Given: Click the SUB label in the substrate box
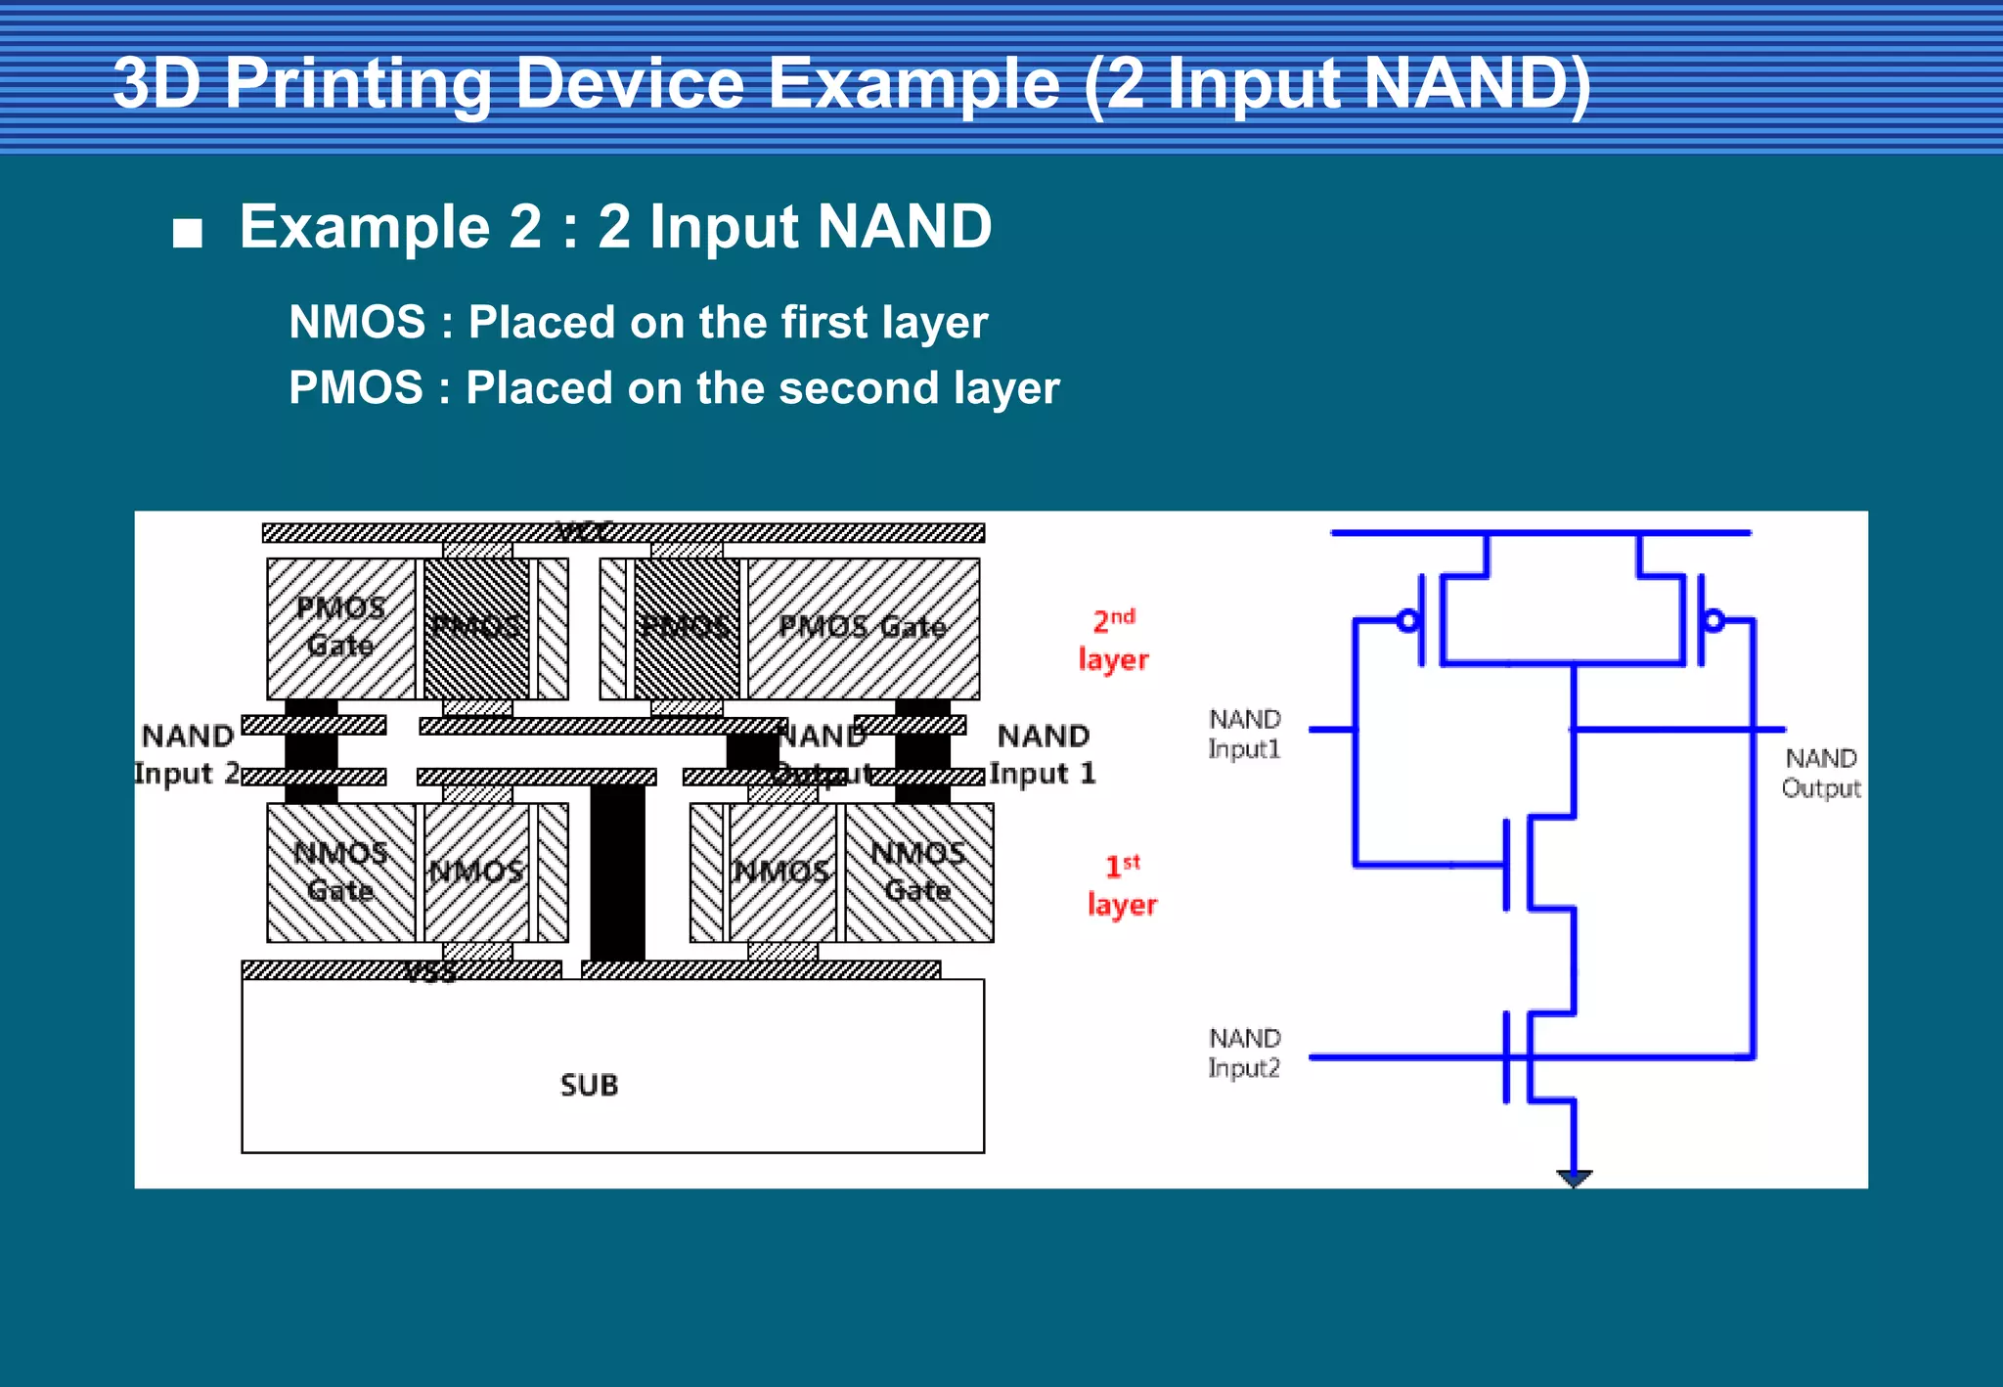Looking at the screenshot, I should click(589, 1085).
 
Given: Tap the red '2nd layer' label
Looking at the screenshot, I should click(1114, 640).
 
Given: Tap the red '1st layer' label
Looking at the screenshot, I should click(1123, 885).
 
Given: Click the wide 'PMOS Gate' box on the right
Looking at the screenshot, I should click(863, 628).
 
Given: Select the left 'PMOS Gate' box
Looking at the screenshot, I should click(340, 628).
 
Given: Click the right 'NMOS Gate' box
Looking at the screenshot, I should click(918, 872).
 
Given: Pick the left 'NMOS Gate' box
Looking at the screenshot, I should click(340, 872).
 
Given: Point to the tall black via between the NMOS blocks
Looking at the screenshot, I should click(617, 871).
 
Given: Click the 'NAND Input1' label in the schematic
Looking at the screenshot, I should click(1244, 734).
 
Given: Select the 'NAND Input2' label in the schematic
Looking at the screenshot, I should click(1244, 1052).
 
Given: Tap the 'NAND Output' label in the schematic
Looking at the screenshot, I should click(1820, 773).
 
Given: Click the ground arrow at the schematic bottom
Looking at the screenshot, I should click(1574, 1178).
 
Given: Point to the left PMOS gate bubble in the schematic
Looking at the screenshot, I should click(1408, 620).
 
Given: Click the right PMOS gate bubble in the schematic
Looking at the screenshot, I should click(1714, 620).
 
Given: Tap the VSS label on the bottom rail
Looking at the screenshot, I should click(430, 972).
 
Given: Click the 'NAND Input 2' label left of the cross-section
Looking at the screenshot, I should click(188, 754).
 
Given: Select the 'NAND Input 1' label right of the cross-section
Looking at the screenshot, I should click(1043, 754).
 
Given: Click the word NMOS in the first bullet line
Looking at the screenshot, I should click(357, 322).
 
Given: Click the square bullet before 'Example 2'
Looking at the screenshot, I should click(187, 233).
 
